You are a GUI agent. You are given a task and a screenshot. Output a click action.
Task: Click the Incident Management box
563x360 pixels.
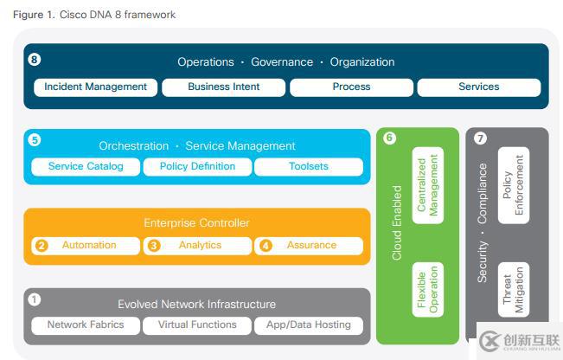pos(95,87)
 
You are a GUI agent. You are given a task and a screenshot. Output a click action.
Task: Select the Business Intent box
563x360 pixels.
pos(223,87)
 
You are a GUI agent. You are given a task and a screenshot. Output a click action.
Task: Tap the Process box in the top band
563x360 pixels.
pos(351,87)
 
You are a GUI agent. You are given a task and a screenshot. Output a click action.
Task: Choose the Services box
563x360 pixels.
pos(479,87)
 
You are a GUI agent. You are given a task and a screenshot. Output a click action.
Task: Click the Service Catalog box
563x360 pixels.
pos(86,167)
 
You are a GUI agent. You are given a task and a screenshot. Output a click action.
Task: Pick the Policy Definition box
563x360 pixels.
pos(197,167)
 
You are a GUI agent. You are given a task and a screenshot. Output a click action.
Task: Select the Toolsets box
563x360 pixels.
pos(309,167)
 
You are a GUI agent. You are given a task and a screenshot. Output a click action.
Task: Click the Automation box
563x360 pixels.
pos(86,246)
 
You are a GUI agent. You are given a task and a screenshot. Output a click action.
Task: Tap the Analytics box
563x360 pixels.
pos(197,246)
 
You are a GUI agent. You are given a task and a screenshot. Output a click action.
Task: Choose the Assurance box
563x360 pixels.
pos(309,246)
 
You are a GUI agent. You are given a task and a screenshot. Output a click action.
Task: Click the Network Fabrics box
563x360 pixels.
pos(86,325)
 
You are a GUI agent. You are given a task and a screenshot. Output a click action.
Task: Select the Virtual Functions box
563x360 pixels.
pos(197,325)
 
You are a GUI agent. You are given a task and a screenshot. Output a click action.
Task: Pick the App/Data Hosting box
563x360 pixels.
pos(309,325)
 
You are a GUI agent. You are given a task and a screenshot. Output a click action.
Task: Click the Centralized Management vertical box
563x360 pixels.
pos(428,184)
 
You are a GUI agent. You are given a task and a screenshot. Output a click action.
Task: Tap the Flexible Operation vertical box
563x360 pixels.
pos(428,288)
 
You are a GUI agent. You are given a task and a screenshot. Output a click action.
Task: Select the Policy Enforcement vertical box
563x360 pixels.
pos(514,184)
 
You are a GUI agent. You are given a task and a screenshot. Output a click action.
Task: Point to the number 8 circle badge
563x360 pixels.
pos(35,60)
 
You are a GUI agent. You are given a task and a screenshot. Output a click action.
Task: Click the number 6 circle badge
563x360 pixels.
pos(389,138)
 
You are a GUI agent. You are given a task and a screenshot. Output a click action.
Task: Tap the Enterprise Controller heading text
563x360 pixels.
pos(197,223)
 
